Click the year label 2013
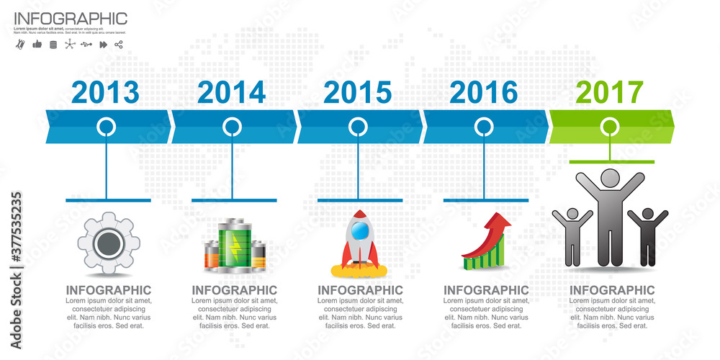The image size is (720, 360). point(105,93)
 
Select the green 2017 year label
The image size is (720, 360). point(610,93)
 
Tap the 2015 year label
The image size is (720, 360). point(357,93)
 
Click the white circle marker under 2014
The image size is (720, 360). point(232,127)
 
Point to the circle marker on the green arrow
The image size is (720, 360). point(610,127)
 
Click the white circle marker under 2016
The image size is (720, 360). point(484,127)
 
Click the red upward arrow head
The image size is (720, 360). point(500,222)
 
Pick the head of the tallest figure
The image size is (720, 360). point(611,177)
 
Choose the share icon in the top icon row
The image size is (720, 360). point(119,45)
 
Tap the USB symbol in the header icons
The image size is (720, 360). point(86,45)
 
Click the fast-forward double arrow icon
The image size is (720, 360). point(103,45)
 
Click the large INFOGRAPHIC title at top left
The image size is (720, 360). point(70,19)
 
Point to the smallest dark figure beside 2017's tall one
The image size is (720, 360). point(647,234)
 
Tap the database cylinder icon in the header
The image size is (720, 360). point(53,45)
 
